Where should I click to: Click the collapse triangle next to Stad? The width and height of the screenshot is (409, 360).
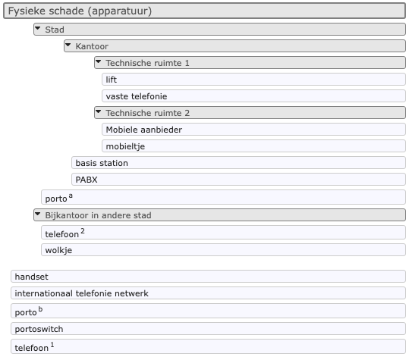click(x=38, y=27)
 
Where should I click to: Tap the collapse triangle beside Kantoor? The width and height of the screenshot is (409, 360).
click(x=68, y=45)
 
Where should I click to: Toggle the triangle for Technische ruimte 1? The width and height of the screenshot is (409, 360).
click(x=99, y=61)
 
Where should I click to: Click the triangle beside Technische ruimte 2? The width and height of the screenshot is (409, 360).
click(x=99, y=111)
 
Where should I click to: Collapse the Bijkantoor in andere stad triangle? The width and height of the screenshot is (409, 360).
click(x=38, y=214)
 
